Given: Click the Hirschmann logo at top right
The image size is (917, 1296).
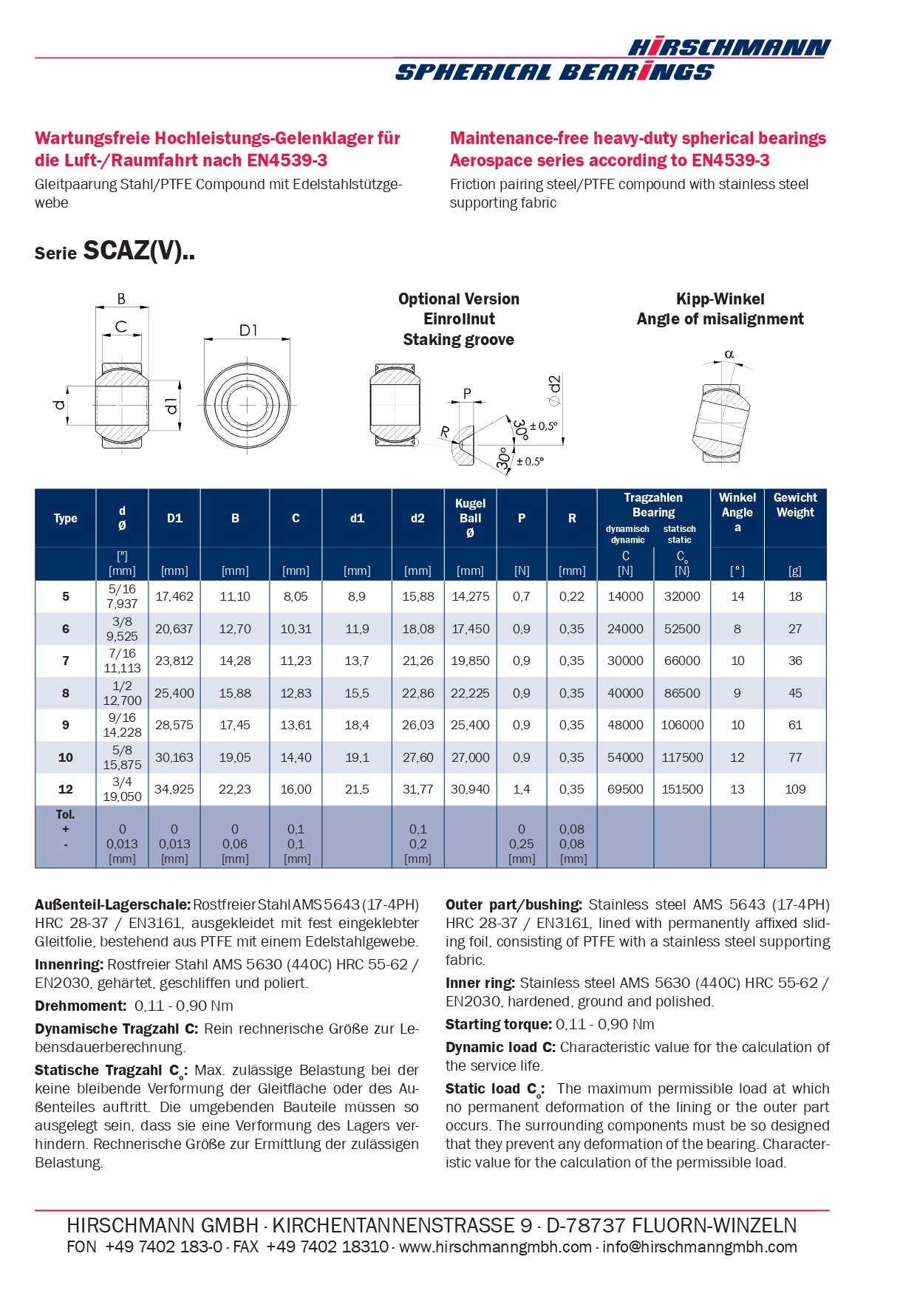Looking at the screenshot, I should tap(729, 49).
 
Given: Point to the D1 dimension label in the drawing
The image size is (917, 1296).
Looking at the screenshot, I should tap(248, 330).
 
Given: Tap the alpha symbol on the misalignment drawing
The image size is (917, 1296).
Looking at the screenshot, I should tap(729, 355).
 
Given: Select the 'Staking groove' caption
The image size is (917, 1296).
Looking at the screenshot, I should tap(458, 340).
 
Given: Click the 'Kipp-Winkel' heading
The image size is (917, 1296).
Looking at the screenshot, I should tap(720, 299).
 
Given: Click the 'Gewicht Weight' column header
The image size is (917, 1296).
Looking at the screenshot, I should tap(794, 505).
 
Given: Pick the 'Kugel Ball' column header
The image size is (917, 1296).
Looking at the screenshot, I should tap(470, 517).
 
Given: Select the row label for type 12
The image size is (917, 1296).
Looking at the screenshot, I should tap(66, 789).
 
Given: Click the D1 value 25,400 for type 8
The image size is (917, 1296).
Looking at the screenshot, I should tap(174, 693).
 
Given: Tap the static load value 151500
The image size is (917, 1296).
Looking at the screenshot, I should tap(682, 789).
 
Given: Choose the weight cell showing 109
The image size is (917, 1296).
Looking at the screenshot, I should tap(794, 789).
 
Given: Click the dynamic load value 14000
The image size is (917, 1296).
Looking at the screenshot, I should tap(625, 596).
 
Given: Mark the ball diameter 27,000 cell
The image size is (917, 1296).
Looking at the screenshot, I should tap(470, 757).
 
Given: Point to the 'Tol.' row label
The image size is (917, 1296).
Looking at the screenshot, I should tap(66, 814).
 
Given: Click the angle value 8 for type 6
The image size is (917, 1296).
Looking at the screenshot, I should tap(737, 629).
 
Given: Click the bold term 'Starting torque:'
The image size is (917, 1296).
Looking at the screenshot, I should tap(499, 1024).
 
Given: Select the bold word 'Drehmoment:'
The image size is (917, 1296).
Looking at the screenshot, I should tap(81, 1006).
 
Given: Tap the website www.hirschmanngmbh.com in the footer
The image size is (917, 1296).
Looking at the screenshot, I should tap(495, 1247).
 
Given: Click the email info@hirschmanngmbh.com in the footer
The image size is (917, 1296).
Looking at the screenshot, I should tap(699, 1247).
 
